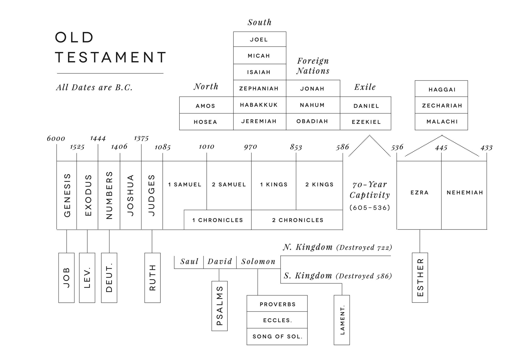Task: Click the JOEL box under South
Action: (259, 39)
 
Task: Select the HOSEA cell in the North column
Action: (205, 122)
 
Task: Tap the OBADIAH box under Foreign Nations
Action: (312, 121)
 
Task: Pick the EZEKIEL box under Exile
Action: (366, 122)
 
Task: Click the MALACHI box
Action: (442, 122)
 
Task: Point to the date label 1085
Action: (162, 147)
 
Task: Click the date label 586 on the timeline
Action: (342, 147)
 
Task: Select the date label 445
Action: (441, 148)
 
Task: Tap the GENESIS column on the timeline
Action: (67, 195)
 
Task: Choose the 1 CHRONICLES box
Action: (217, 220)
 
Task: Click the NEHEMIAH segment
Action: (465, 192)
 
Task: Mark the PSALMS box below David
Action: (220, 306)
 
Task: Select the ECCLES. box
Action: (277, 320)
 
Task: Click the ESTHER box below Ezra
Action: (420, 277)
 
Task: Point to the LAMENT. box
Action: (342, 320)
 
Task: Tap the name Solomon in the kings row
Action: (258, 261)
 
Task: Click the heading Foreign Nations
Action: (313, 66)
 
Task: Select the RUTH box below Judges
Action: (152, 278)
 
